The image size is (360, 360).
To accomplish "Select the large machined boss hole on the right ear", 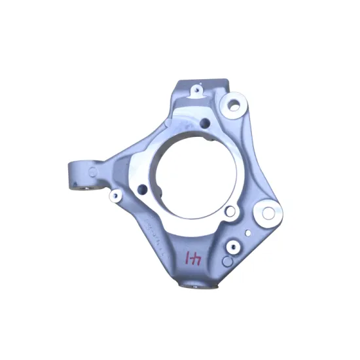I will [x=268, y=212].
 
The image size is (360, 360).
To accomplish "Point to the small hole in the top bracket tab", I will [x=195, y=88].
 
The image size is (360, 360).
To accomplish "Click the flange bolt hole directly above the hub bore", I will [x=205, y=122].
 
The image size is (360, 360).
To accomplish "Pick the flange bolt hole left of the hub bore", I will [x=141, y=189].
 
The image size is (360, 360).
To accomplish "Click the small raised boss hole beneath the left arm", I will [x=114, y=196].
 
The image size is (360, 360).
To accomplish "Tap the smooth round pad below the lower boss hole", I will [x=226, y=261].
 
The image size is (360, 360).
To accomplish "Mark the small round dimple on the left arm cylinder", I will [x=94, y=171].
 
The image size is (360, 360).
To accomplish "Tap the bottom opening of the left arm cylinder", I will [x=82, y=189].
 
